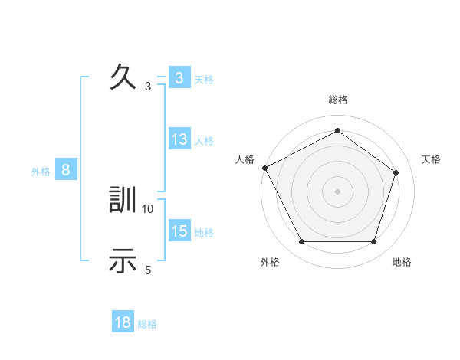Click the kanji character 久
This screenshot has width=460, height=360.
pyautogui.click(x=123, y=77)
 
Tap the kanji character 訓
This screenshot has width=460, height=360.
pyautogui.click(x=123, y=201)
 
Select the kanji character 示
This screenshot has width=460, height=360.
pyautogui.click(x=123, y=260)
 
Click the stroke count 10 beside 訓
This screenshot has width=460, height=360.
pyautogui.click(x=148, y=208)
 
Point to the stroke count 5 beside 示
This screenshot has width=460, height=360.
pyautogui.click(x=148, y=269)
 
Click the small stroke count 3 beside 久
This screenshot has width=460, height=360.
pyautogui.click(x=148, y=86)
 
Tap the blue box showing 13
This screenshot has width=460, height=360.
pyautogui.click(x=179, y=139)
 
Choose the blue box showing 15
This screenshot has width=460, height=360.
pyautogui.click(x=179, y=231)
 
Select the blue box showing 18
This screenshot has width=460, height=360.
pyautogui.click(x=123, y=322)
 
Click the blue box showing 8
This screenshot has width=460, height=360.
pyautogui.click(x=66, y=170)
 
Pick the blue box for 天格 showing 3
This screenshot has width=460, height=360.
pyautogui.click(x=179, y=78)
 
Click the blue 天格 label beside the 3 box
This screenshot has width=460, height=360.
pyautogui.click(x=204, y=79)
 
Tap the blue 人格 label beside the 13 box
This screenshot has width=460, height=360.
pyautogui.click(x=204, y=141)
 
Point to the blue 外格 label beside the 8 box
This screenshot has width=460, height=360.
pyautogui.click(x=41, y=172)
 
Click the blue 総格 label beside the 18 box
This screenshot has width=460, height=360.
pyautogui.click(x=147, y=324)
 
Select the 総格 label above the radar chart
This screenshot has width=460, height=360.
pyautogui.click(x=337, y=100)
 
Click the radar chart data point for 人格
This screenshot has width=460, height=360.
pyautogui.click(x=264, y=167)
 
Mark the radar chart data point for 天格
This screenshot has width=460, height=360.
pyautogui.click(x=396, y=172)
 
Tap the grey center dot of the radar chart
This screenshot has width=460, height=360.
pyautogui.click(x=337, y=191)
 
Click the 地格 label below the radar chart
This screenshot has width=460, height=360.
pyautogui.click(x=402, y=262)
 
